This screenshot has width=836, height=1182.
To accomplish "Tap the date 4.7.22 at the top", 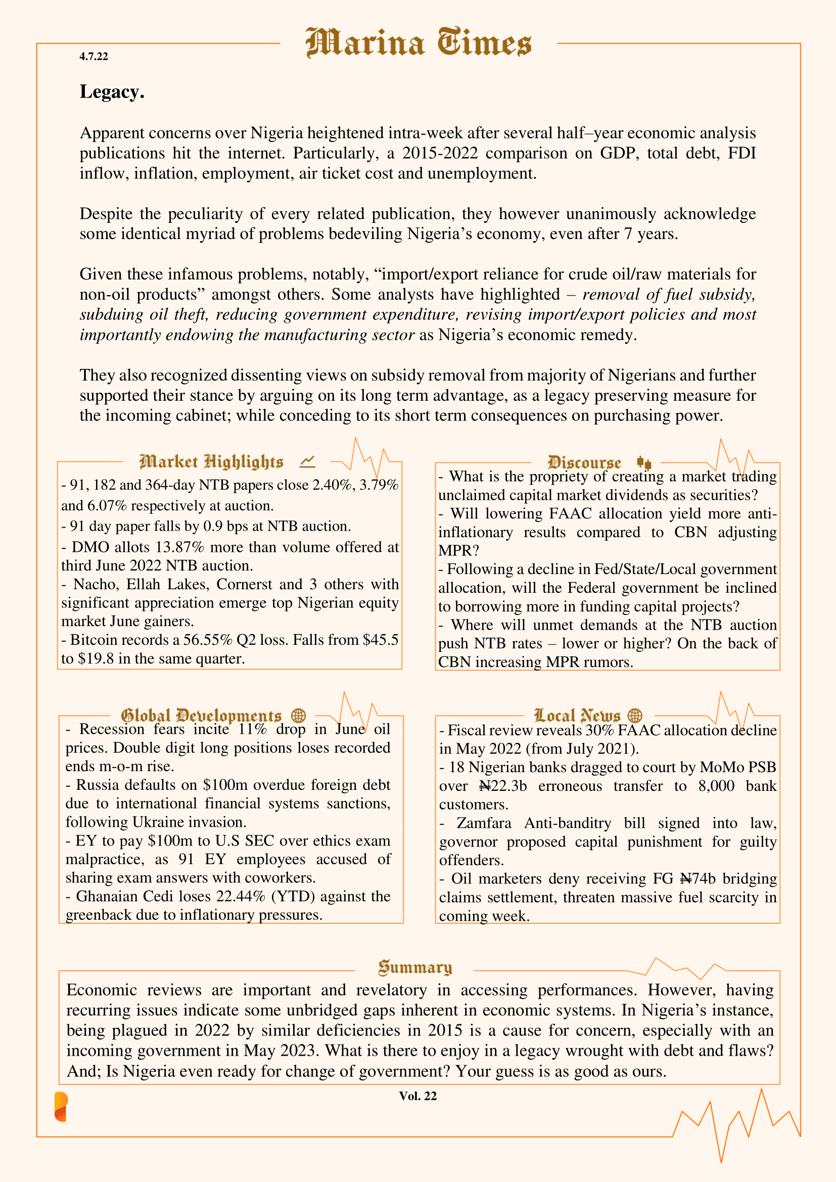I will point(94,57).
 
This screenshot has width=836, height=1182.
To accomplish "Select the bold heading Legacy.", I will point(112,91).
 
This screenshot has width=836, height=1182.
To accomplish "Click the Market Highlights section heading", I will point(211,462).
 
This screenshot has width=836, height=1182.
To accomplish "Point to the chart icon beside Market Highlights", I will point(307,462).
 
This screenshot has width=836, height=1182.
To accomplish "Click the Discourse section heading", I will point(584,462).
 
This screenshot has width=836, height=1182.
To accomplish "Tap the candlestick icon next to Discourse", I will point(644,462).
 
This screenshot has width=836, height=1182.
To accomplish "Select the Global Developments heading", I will point(201,716).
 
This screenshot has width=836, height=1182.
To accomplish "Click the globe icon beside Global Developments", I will point(299,716).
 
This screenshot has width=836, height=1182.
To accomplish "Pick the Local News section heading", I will point(577,716).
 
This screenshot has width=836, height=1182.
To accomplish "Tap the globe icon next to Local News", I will point(635,716).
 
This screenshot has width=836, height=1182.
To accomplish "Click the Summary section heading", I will point(415,967).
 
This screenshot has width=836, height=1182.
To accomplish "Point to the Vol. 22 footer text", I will point(417,1096).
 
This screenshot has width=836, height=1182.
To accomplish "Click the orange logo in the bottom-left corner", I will point(61,1106).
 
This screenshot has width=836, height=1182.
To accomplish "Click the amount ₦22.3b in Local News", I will point(503,786).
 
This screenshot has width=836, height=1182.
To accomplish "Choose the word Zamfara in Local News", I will point(483,823).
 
